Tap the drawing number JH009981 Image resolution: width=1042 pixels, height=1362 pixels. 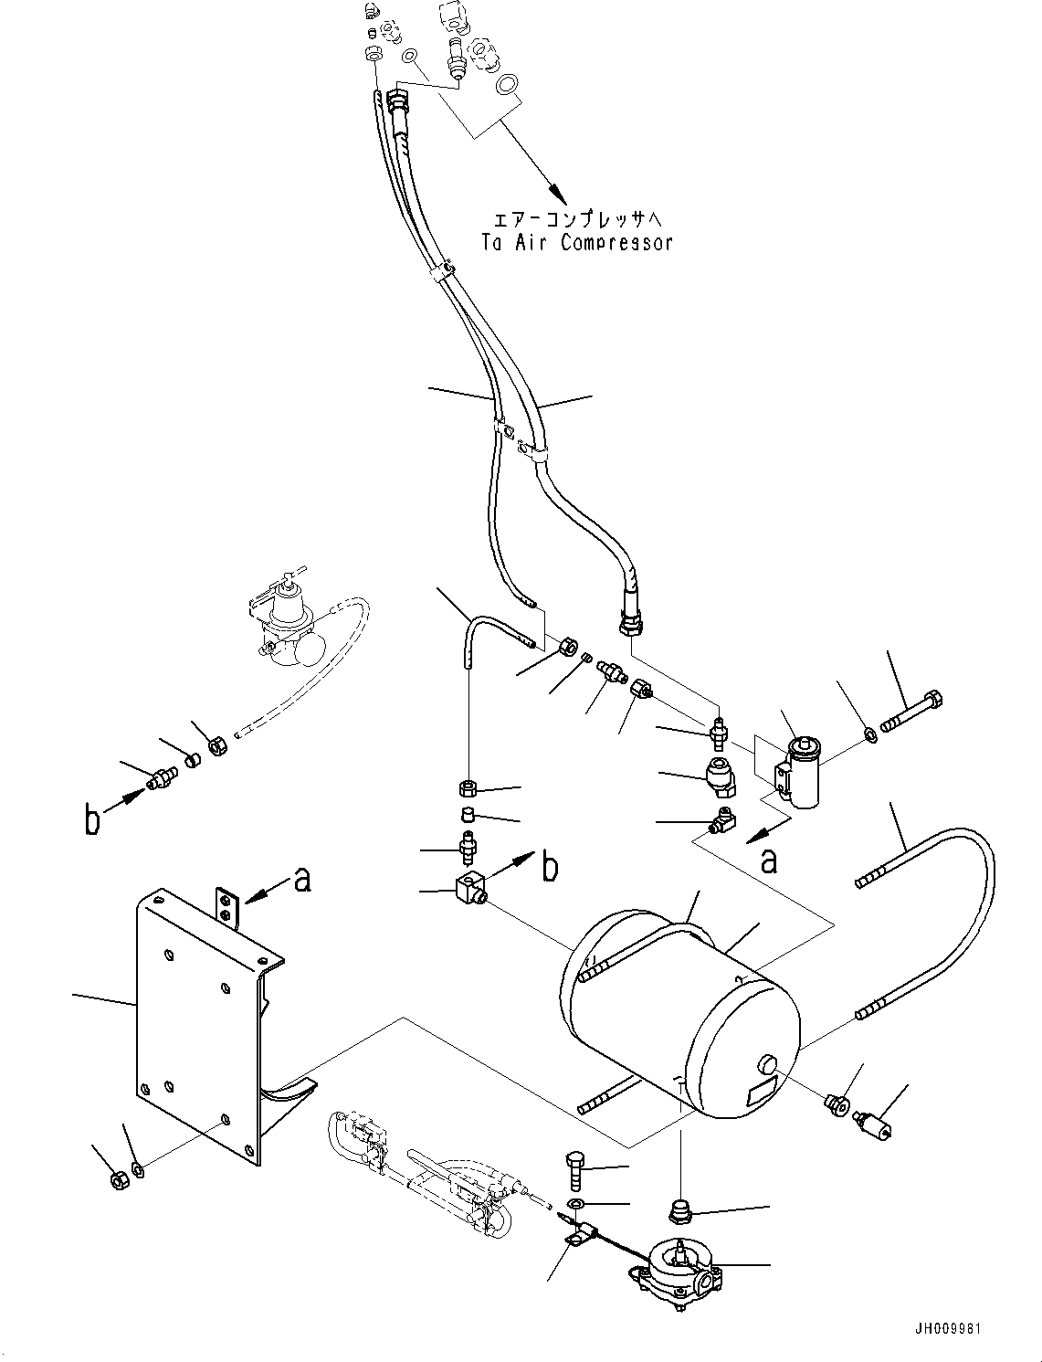(x=947, y=1329)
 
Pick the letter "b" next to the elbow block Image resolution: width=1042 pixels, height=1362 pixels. (x=549, y=866)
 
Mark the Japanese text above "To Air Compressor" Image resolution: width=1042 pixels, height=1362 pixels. (x=583, y=220)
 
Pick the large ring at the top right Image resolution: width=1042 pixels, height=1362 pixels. (x=505, y=86)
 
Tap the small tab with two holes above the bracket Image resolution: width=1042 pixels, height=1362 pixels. (x=227, y=906)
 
